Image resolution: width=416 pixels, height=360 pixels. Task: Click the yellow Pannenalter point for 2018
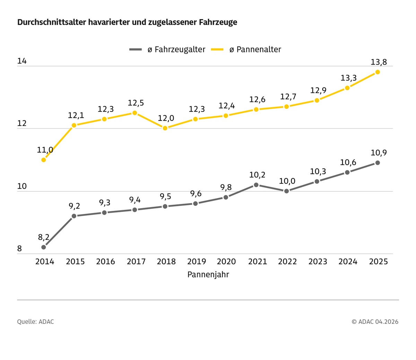click(x=165, y=128)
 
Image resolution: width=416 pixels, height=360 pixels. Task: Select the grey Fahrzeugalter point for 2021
click(x=256, y=185)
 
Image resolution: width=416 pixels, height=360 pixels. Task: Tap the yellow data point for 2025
click(x=378, y=72)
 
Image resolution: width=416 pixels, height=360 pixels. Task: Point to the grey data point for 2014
click(x=44, y=247)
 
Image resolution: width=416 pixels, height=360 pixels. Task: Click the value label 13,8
click(x=379, y=62)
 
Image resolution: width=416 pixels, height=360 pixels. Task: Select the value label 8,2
click(x=44, y=238)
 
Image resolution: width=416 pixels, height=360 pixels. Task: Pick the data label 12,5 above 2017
click(x=136, y=103)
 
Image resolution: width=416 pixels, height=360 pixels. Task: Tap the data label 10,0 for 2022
click(x=287, y=181)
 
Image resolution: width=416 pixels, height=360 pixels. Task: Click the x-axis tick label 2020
click(x=226, y=262)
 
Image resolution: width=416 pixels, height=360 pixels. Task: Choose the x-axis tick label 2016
click(x=105, y=262)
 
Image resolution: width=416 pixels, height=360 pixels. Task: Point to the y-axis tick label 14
click(x=22, y=61)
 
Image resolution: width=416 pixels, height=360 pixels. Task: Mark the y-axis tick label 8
click(x=19, y=249)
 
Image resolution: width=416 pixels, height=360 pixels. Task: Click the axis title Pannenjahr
click(x=208, y=275)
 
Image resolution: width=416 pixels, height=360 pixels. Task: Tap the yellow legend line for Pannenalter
click(x=217, y=50)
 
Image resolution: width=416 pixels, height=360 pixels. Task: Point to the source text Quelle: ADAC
click(x=35, y=322)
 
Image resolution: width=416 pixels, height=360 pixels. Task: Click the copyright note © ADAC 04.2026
click(x=375, y=322)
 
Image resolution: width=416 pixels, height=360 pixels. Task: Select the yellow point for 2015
click(x=74, y=125)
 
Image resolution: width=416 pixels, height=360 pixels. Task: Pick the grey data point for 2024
click(x=347, y=172)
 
